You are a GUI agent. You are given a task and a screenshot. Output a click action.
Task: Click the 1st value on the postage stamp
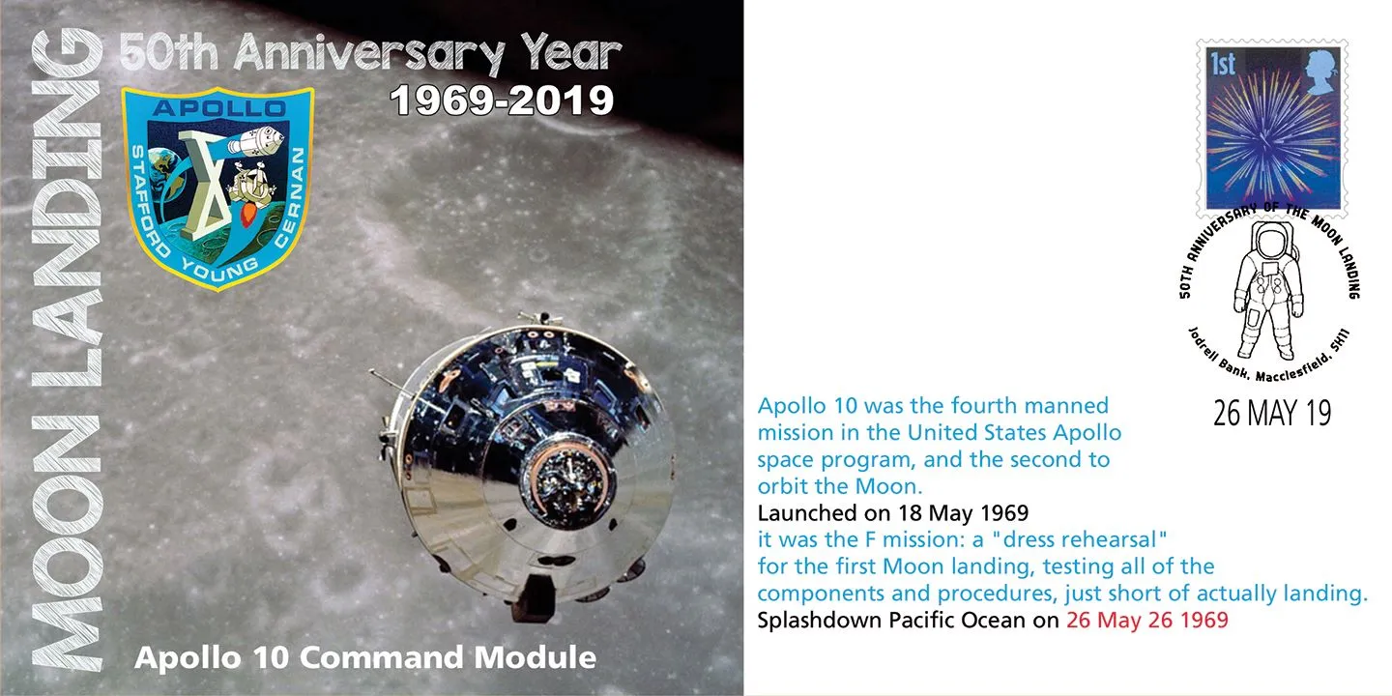click(x=1223, y=64)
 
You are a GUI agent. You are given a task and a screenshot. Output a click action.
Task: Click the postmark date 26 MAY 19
click(x=1272, y=414)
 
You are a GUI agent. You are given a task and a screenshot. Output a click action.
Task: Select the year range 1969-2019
click(x=502, y=101)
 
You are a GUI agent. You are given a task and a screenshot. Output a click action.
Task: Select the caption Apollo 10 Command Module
click(x=365, y=657)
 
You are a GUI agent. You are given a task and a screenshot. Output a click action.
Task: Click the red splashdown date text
click(x=1147, y=621)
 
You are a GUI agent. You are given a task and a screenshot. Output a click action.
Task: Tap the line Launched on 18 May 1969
click(x=893, y=513)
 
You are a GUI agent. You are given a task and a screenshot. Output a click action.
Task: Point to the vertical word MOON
click(x=67, y=542)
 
